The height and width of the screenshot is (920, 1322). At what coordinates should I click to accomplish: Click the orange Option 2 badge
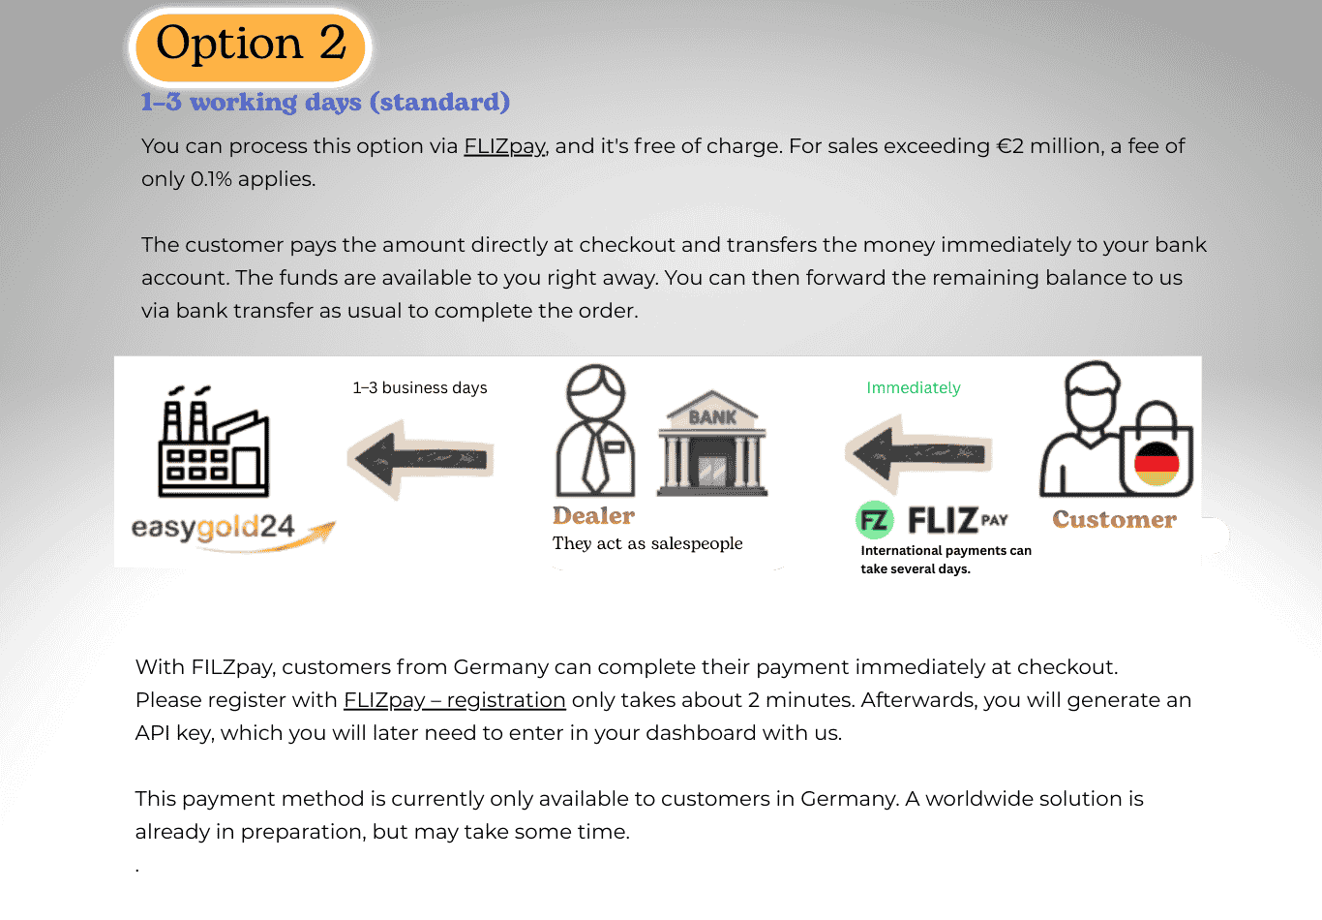(x=250, y=46)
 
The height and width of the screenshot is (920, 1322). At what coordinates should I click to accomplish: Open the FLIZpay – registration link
(x=454, y=700)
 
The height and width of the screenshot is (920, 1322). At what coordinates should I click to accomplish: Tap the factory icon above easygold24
(x=213, y=443)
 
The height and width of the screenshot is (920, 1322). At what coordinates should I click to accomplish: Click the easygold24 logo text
(x=213, y=528)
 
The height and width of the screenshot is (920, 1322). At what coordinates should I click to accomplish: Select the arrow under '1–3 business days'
(x=420, y=458)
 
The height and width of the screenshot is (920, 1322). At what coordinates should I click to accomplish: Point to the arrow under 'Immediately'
(x=917, y=453)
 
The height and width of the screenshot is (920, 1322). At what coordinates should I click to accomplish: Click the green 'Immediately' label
(x=913, y=388)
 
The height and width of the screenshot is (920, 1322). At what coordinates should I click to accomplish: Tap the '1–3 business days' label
(x=420, y=388)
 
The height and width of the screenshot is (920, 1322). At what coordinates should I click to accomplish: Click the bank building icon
(x=712, y=445)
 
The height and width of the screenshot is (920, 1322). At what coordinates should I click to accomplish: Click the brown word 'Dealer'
(x=593, y=516)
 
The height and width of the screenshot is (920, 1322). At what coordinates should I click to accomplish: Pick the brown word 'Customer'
(x=1114, y=520)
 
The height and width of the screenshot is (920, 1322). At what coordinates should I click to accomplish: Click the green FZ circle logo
(x=875, y=520)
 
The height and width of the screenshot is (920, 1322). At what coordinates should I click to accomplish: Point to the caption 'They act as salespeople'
(x=647, y=543)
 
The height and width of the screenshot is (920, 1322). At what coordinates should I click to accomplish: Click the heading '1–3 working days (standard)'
(x=325, y=102)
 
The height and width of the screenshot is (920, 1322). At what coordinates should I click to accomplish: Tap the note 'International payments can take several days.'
(x=946, y=560)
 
